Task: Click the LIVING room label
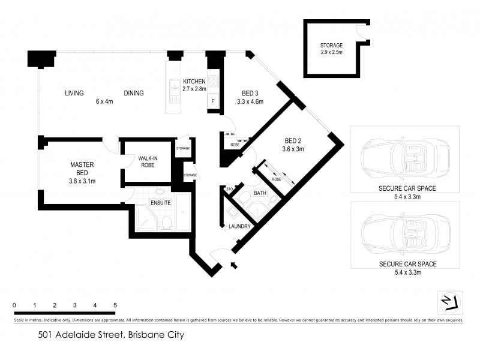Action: pyautogui.click(x=74, y=93)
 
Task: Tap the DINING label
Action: pyautogui.click(x=134, y=93)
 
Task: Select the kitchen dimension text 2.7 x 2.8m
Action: pyautogui.click(x=194, y=89)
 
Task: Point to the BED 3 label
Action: pyautogui.click(x=250, y=93)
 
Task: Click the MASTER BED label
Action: pyautogui.click(x=82, y=169)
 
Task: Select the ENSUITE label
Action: pyautogui.click(x=160, y=203)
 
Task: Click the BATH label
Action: pyautogui.click(x=260, y=193)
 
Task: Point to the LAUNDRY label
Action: pyautogui.click(x=239, y=226)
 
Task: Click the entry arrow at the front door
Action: pyautogui.click(x=233, y=265)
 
